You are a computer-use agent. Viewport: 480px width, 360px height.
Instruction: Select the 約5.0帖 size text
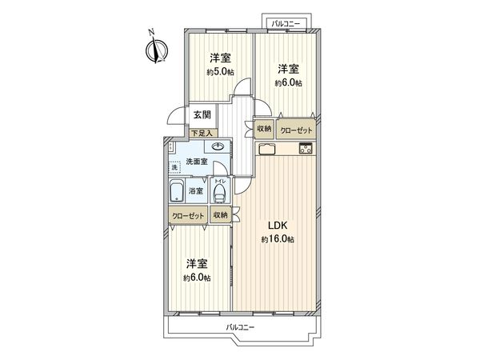[x=221, y=72]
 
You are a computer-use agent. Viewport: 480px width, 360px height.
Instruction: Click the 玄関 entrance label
[x=202, y=115]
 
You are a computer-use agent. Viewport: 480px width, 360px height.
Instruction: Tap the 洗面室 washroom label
[x=197, y=162]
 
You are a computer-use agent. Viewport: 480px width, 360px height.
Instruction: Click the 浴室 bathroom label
[x=196, y=192]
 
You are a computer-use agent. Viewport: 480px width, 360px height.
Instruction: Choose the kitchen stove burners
[x=306, y=148]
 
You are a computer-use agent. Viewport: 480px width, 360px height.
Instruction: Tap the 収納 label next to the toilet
[x=221, y=215]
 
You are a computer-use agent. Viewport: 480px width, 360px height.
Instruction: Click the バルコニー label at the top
[x=284, y=23]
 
